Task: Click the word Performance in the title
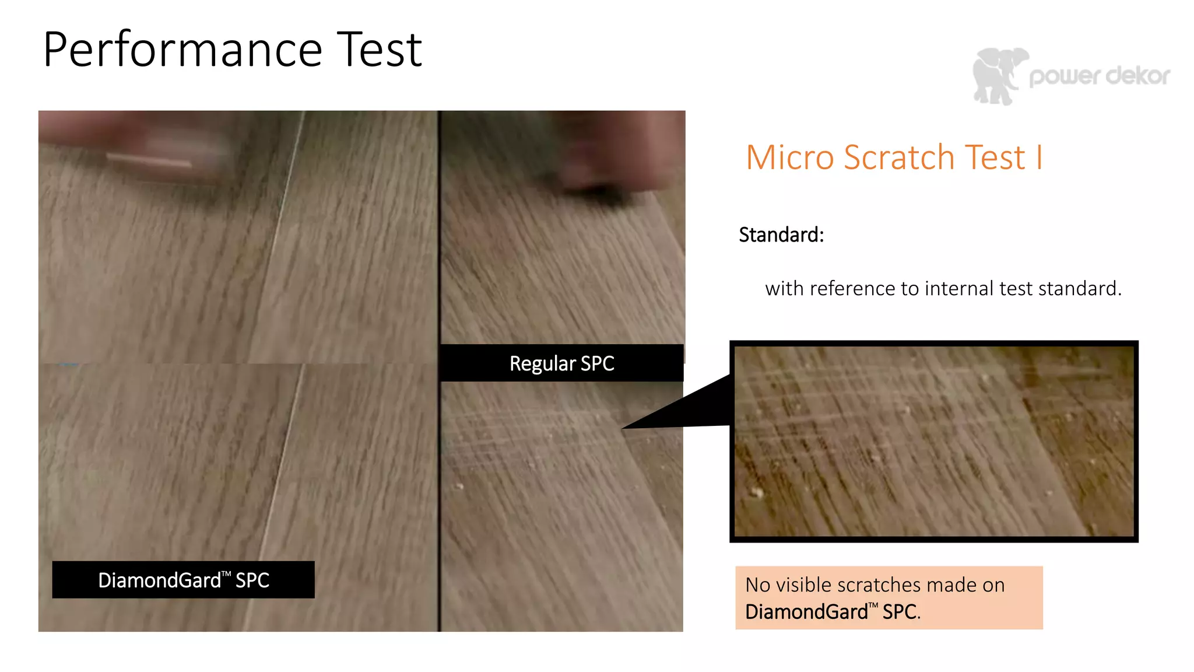[x=182, y=51]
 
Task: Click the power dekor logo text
[x=1100, y=76]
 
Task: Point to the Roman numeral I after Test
[x=1039, y=157]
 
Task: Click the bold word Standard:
[x=781, y=235]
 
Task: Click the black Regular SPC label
[x=561, y=363]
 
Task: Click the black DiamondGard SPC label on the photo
[x=183, y=580]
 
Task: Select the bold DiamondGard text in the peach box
[x=806, y=611]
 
